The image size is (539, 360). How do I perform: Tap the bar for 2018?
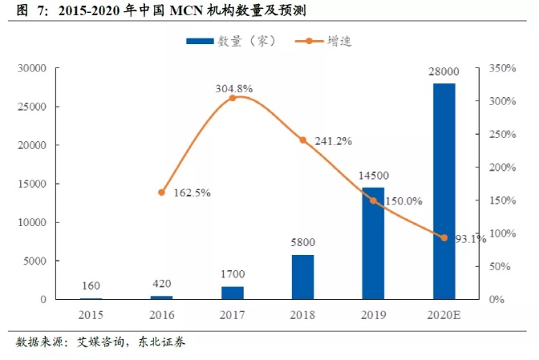[x=302, y=277]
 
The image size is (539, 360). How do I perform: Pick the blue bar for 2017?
[x=232, y=293]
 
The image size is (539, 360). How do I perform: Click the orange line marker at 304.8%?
[x=233, y=98]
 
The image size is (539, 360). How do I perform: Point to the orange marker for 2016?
[x=161, y=192]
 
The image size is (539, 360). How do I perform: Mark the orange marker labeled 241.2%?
[x=303, y=140]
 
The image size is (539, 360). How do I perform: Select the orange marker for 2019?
[x=373, y=200]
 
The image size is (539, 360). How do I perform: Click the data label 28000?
[x=444, y=73]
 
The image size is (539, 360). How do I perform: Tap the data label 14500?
[x=373, y=177]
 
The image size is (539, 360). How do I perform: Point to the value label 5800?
[x=302, y=243]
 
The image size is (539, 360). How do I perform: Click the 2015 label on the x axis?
[x=91, y=314]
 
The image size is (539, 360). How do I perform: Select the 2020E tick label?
[x=444, y=314]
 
